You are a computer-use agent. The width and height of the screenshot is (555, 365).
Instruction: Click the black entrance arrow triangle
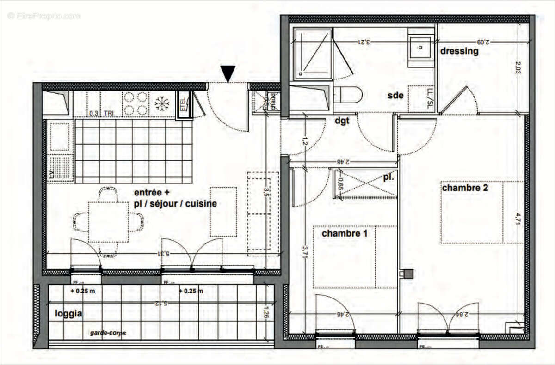click(x=228, y=73)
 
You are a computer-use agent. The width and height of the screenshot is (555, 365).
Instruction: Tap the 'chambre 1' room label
click(x=345, y=234)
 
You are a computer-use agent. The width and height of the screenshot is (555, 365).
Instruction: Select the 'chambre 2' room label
click(x=465, y=188)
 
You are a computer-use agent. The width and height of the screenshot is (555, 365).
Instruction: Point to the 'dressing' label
click(x=459, y=51)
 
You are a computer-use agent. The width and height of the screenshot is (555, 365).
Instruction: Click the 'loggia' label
click(x=68, y=314)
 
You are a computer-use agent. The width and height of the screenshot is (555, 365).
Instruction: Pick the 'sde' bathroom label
click(x=396, y=96)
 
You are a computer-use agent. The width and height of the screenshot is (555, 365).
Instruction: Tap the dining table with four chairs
click(x=108, y=222)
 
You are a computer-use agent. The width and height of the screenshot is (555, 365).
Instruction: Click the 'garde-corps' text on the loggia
click(x=108, y=333)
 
